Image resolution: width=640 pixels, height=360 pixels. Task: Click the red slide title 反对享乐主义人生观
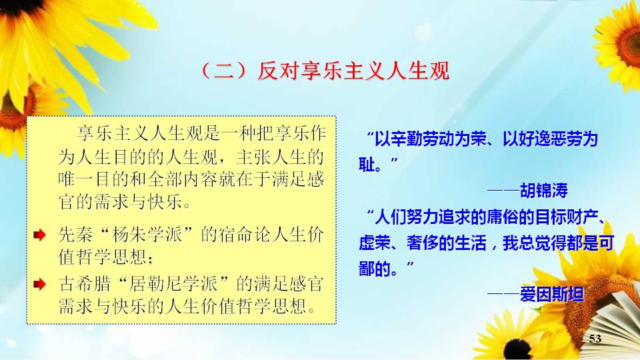click(353, 71)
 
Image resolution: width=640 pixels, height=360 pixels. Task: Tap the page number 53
click(595, 339)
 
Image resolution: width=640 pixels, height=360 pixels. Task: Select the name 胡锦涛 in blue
click(544, 191)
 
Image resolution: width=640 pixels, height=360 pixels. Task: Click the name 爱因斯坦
click(552, 294)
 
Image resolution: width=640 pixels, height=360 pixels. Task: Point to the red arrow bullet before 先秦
click(39, 235)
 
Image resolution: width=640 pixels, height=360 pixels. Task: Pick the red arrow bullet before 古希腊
click(39, 284)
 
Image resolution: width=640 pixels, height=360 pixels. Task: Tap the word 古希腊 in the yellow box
click(85, 284)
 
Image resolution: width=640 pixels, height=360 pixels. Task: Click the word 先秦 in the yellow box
click(76, 235)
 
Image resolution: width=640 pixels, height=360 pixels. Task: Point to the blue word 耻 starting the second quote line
click(367, 165)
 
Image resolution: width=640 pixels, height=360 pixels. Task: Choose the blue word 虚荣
click(375, 243)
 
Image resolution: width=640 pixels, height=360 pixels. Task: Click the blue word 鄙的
click(375, 269)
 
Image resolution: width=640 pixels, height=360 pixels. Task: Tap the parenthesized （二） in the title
click(224, 71)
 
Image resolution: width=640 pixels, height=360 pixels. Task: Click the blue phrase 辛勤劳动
click(423, 139)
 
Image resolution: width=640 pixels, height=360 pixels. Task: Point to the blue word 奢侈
click(423, 243)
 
